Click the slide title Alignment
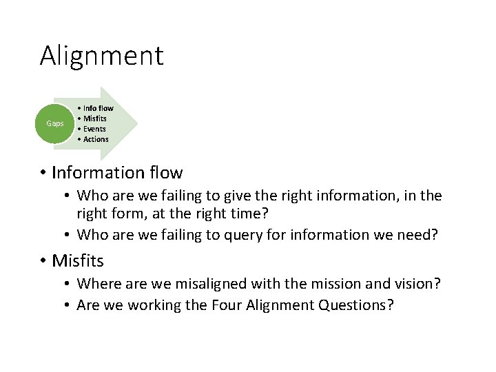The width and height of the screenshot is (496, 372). pos(101,56)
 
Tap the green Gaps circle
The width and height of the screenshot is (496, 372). pos(54,123)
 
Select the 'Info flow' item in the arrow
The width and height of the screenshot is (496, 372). pos(98,108)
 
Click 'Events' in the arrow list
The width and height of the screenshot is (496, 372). pos(94,129)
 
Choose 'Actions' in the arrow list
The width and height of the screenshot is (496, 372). pos(96,139)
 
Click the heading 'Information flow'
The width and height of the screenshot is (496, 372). pos(117,172)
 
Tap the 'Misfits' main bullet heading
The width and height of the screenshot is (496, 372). pos(78,261)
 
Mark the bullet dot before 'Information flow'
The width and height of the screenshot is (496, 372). pos(43,172)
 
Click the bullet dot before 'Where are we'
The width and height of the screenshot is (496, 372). pos(69,284)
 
